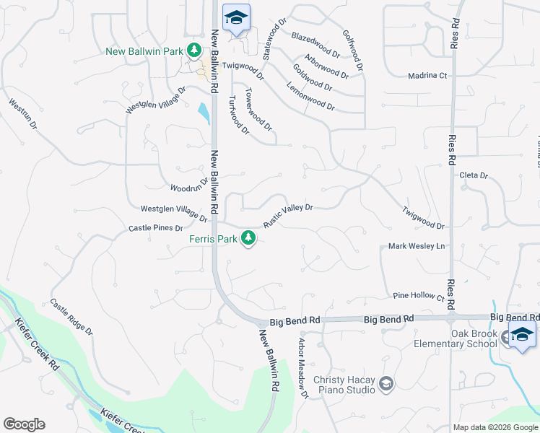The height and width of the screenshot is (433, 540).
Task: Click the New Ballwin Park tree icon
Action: (x=193, y=51)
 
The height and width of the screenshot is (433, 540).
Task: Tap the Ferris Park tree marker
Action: (x=249, y=237)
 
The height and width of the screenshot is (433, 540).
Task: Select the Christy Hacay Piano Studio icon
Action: (x=386, y=383)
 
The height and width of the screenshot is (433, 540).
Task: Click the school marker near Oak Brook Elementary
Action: (x=521, y=335)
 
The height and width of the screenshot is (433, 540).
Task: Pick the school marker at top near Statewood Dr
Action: (x=235, y=18)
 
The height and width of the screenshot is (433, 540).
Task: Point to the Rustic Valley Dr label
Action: (x=287, y=215)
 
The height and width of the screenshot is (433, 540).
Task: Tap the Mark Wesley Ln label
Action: (x=417, y=246)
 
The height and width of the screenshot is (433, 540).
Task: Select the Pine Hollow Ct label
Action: (x=419, y=296)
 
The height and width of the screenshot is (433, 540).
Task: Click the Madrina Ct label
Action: (x=427, y=75)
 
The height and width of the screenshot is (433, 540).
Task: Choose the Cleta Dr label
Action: (x=474, y=175)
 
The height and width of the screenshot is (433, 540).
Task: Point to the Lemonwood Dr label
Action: (x=310, y=96)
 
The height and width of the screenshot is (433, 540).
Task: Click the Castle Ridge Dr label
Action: (x=71, y=317)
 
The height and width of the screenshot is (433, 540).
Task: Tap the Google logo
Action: (x=24, y=424)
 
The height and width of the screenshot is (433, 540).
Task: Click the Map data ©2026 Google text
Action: (x=495, y=427)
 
